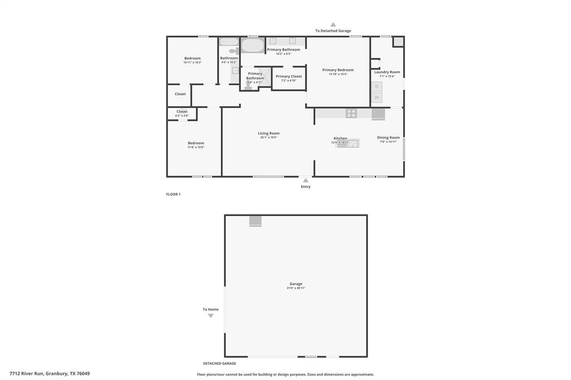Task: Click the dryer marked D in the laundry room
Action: (377, 86)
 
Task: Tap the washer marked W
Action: (377, 98)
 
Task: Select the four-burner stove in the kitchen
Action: (351, 113)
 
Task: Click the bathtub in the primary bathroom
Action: (253, 45)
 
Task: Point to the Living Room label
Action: (269, 133)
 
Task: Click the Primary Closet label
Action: (289, 76)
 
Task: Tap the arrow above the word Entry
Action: (306, 181)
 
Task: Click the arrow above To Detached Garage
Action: (333, 25)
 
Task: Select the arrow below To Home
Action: (211, 316)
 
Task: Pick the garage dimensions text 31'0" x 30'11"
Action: (296, 288)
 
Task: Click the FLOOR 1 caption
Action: (173, 194)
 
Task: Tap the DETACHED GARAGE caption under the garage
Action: (219, 363)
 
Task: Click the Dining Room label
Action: (388, 138)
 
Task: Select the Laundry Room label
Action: (387, 72)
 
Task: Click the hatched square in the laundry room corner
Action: (398, 42)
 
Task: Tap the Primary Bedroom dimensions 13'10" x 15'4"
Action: (338, 74)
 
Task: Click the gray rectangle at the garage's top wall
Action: (255, 221)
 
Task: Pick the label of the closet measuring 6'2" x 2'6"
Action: (182, 111)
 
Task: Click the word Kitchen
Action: (340, 138)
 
